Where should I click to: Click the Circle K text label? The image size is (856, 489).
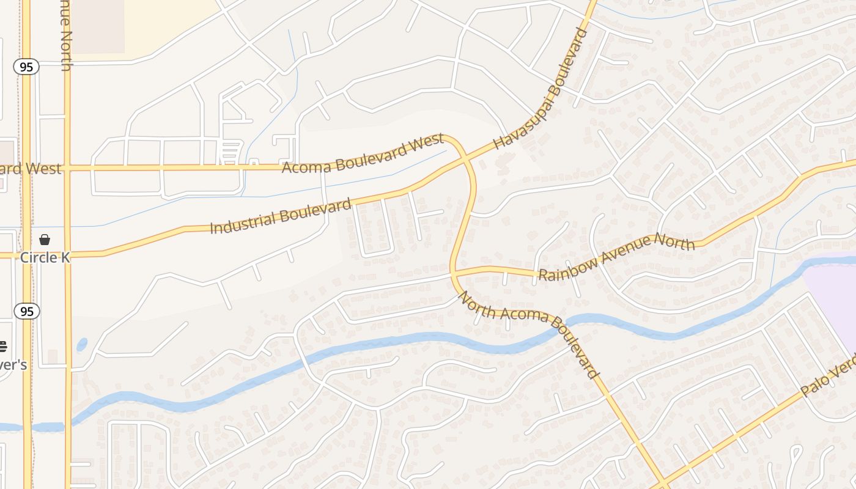[45, 257]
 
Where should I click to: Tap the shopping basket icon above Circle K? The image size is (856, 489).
[45, 239]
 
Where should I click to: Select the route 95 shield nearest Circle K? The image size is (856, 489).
[26, 311]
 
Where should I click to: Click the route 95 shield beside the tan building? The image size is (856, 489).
[26, 67]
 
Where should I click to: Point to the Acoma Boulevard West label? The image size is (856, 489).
[363, 154]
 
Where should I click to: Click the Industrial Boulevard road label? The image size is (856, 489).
[281, 216]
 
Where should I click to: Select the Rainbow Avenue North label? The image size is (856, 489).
[616, 257]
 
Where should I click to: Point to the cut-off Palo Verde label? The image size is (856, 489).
[828, 374]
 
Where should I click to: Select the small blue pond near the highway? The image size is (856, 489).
[82, 345]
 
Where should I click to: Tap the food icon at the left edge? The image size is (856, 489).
[3, 347]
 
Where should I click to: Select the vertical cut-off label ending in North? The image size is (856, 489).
[65, 35]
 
